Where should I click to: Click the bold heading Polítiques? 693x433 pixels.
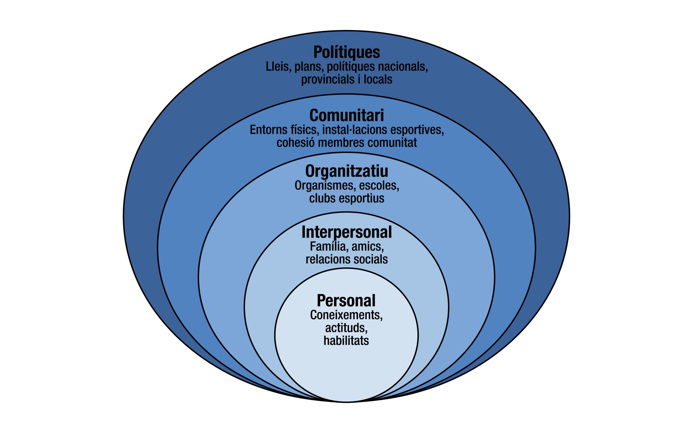pos(346,52)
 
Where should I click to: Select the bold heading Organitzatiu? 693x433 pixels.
pos(346,171)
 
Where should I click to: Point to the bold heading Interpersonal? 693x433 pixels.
pos(346,232)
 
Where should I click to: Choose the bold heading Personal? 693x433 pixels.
pos(346,301)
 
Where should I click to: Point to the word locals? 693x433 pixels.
pos(378,79)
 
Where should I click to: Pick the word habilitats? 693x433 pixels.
pos(346,341)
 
